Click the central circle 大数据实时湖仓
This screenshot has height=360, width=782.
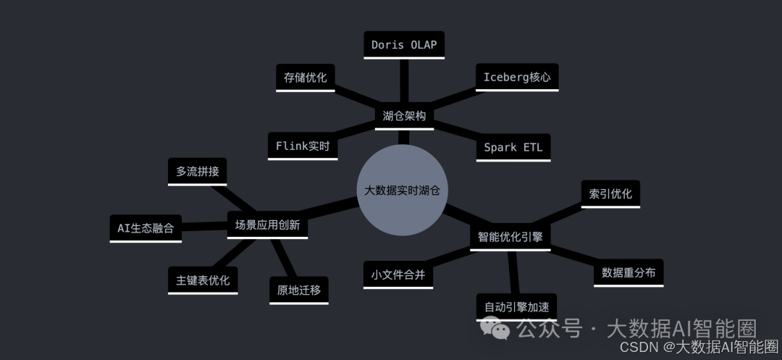click(403, 190)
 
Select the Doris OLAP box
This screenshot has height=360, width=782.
click(404, 45)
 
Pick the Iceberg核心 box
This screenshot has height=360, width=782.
click(516, 77)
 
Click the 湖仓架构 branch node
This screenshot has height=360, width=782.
click(404, 116)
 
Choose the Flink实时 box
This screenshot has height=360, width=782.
click(303, 146)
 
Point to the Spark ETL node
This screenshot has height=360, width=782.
click(513, 147)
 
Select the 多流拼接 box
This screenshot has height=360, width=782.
click(197, 172)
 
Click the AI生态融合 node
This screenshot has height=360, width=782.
click(146, 227)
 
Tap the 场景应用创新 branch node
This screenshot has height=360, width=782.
click(268, 225)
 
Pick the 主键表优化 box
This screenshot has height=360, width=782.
click(203, 280)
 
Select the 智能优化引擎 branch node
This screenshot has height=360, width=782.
click(510, 237)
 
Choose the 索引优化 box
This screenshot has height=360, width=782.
click(610, 193)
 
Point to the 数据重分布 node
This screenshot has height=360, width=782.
click(628, 272)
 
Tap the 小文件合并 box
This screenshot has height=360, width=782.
click(398, 275)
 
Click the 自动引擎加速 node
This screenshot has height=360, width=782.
click(516, 306)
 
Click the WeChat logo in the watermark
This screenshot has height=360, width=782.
click(500, 330)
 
